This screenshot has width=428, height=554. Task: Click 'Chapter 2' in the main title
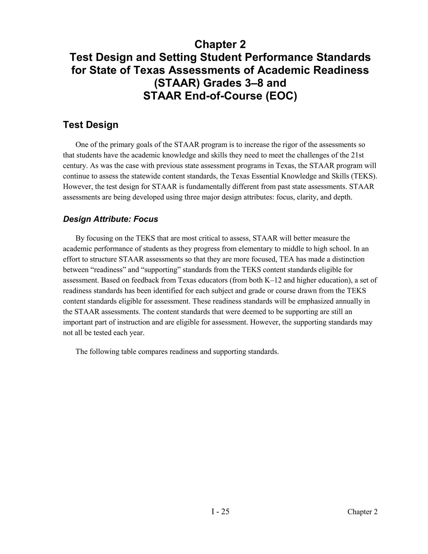tap(220, 45)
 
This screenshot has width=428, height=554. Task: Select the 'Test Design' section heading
tap(90, 125)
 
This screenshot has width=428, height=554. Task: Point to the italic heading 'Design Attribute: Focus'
tap(110, 219)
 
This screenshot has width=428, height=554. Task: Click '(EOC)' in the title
tap(281, 96)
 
